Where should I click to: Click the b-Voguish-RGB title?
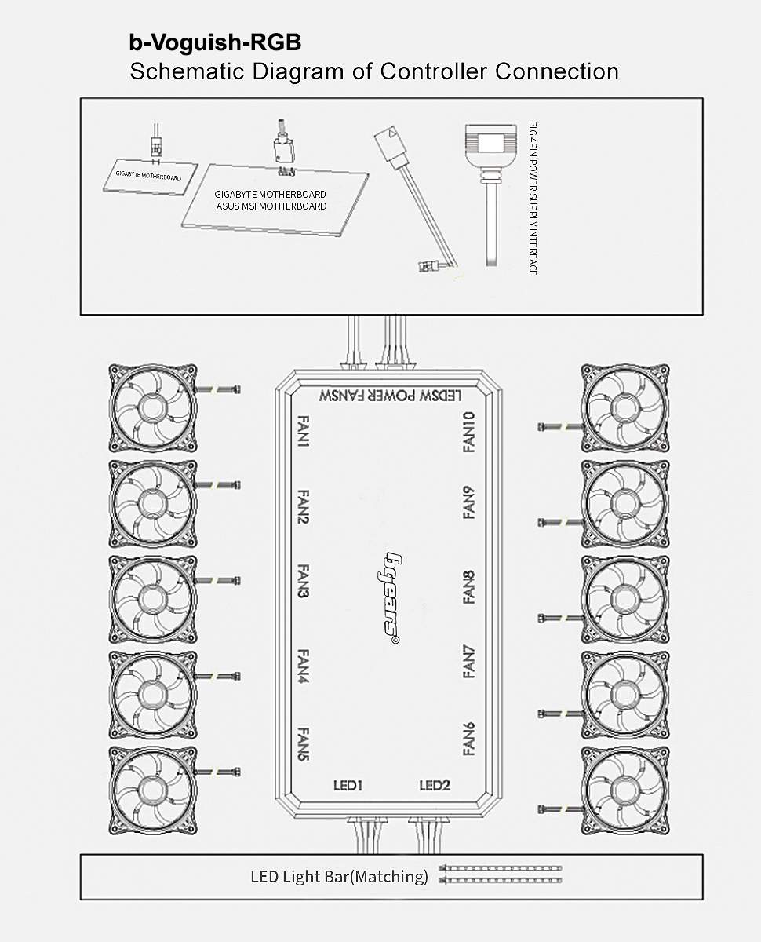215,42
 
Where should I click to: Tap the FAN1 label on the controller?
303,431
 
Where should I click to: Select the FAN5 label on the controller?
303,744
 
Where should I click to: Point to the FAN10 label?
469,432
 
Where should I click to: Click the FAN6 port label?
469,739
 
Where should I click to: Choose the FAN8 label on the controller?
469,588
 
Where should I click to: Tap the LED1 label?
348,786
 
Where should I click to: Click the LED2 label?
435,786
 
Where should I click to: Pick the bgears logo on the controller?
389,597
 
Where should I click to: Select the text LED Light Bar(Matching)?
340,877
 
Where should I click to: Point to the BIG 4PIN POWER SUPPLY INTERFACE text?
533,198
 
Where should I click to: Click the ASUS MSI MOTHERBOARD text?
271,206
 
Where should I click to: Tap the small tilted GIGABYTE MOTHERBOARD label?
148,176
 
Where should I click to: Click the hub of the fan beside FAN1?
153,407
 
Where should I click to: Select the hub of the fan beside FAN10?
625,407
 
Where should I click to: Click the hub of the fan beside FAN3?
153,599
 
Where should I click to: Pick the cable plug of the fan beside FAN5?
235,772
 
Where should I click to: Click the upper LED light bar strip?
501,868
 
